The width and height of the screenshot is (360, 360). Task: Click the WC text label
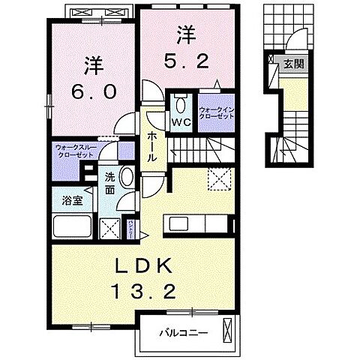(x=181, y=121)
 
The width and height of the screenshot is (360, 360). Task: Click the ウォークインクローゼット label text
(x=217, y=113)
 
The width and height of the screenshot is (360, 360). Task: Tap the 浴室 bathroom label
(x=66, y=200)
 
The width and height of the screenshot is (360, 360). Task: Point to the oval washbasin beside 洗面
(x=127, y=178)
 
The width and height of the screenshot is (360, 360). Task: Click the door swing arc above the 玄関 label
(x=296, y=41)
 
